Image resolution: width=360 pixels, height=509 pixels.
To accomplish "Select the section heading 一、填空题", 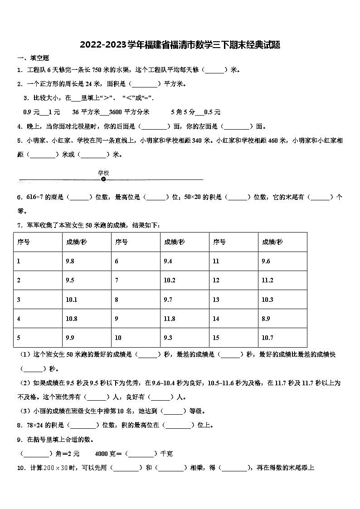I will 33,58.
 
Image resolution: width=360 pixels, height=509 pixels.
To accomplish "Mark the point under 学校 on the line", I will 103,179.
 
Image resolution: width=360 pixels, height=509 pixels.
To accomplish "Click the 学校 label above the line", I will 103,173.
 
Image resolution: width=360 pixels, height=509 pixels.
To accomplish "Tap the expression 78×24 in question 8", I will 36,425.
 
